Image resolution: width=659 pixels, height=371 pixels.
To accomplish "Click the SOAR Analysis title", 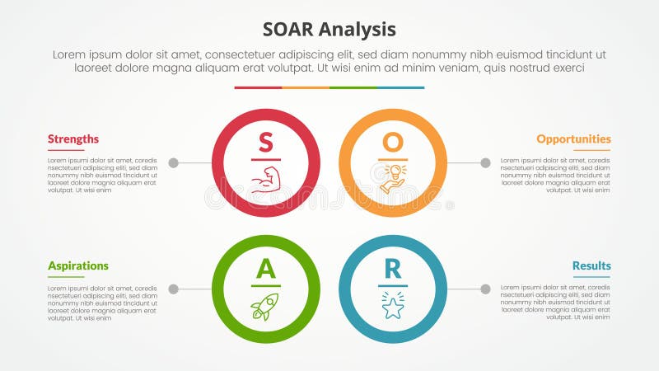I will coord(329,30).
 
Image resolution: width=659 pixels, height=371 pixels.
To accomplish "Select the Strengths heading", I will coord(73,139).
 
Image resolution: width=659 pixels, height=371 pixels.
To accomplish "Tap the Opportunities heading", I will coord(573,139).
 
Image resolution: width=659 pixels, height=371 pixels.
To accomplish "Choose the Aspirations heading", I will coord(78,266).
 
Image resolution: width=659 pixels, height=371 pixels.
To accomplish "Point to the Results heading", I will coord(591,266).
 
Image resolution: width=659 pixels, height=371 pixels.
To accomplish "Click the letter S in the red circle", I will coord(265,142).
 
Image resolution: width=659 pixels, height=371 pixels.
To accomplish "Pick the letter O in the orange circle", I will coord(393,142).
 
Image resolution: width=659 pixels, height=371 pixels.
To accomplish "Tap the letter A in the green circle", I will coord(265,269).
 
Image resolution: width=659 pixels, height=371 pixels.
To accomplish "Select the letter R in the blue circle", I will coord(393,269).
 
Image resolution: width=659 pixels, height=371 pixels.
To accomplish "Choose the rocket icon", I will coord(265,307).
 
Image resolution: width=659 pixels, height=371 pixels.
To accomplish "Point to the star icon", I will coord(393,307).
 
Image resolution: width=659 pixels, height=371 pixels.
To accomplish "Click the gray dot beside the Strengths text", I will coord(173,163).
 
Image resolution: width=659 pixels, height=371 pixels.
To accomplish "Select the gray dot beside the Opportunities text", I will coord(485,163).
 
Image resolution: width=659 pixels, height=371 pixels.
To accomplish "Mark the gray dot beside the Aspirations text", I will coord(173,289).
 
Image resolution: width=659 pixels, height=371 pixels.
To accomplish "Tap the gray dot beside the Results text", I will coord(485,289).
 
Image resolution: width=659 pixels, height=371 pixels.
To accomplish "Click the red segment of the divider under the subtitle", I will coord(258,87).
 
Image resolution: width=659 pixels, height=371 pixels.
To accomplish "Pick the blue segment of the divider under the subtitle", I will coord(401,87).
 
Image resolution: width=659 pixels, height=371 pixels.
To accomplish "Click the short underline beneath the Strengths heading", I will coord(66,151).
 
